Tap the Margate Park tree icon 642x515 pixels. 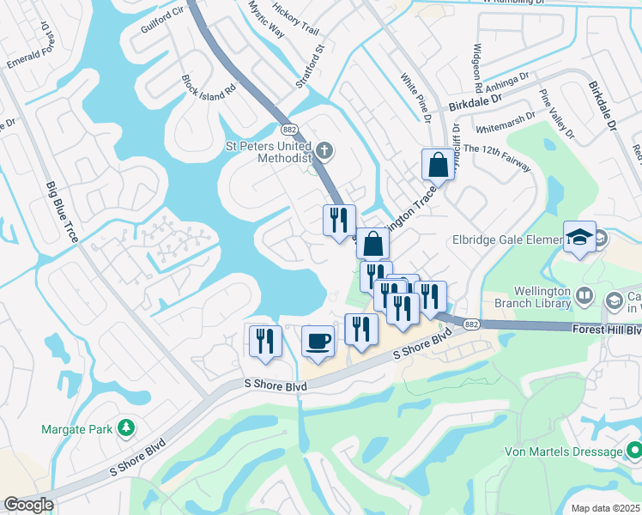(126, 427)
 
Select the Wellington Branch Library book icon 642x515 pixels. (584, 297)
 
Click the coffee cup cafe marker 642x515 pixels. (318, 341)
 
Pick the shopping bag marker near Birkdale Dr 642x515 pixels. (437, 163)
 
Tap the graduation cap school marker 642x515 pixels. (580, 237)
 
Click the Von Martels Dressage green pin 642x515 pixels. (633, 450)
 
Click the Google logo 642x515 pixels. (28, 505)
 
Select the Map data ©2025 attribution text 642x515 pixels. (605, 508)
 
